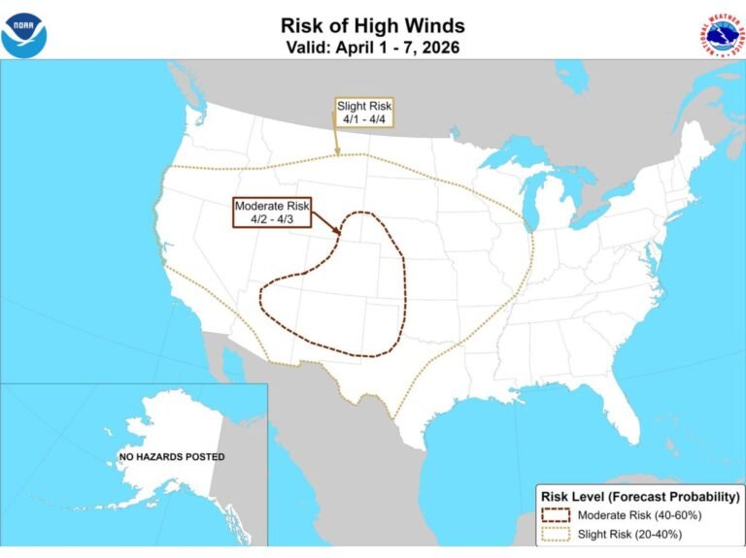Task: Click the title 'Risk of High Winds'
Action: pyautogui.click(x=372, y=25)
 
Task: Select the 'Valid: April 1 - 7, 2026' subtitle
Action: pyautogui.click(x=372, y=46)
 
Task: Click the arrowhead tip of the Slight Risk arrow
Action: pyautogui.click(x=336, y=153)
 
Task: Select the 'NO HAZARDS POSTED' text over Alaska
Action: pyautogui.click(x=172, y=456)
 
